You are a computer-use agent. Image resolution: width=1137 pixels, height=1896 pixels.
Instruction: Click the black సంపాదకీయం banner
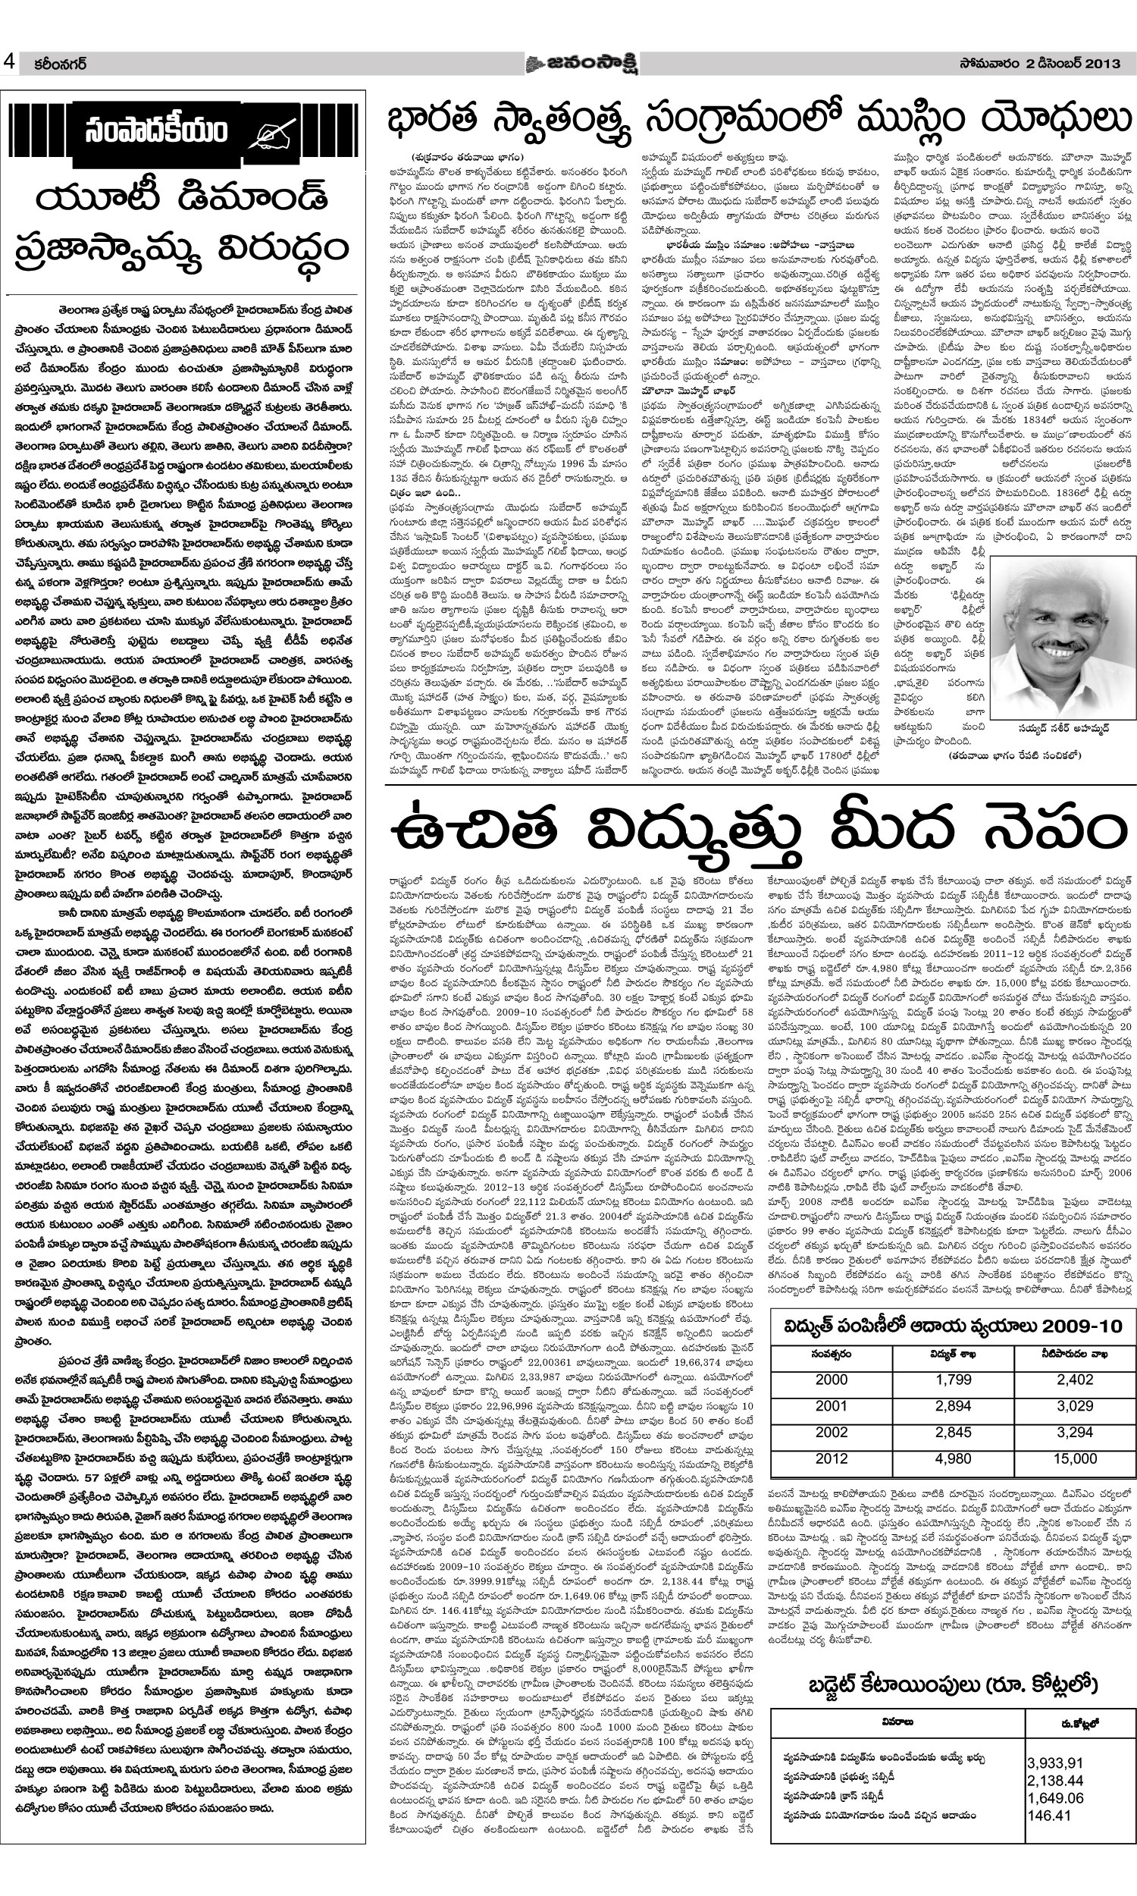183,131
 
